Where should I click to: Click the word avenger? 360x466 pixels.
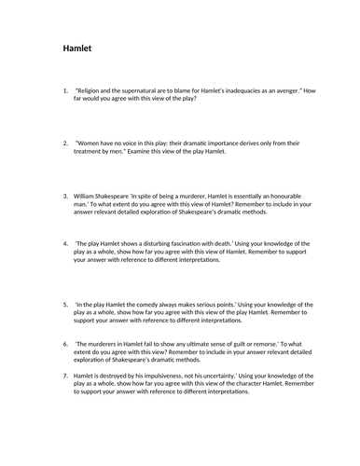click(x=315, y=90)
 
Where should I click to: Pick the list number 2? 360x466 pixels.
click(x=65, y=144)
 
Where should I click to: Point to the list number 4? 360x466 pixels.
click(x=65, y=241)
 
